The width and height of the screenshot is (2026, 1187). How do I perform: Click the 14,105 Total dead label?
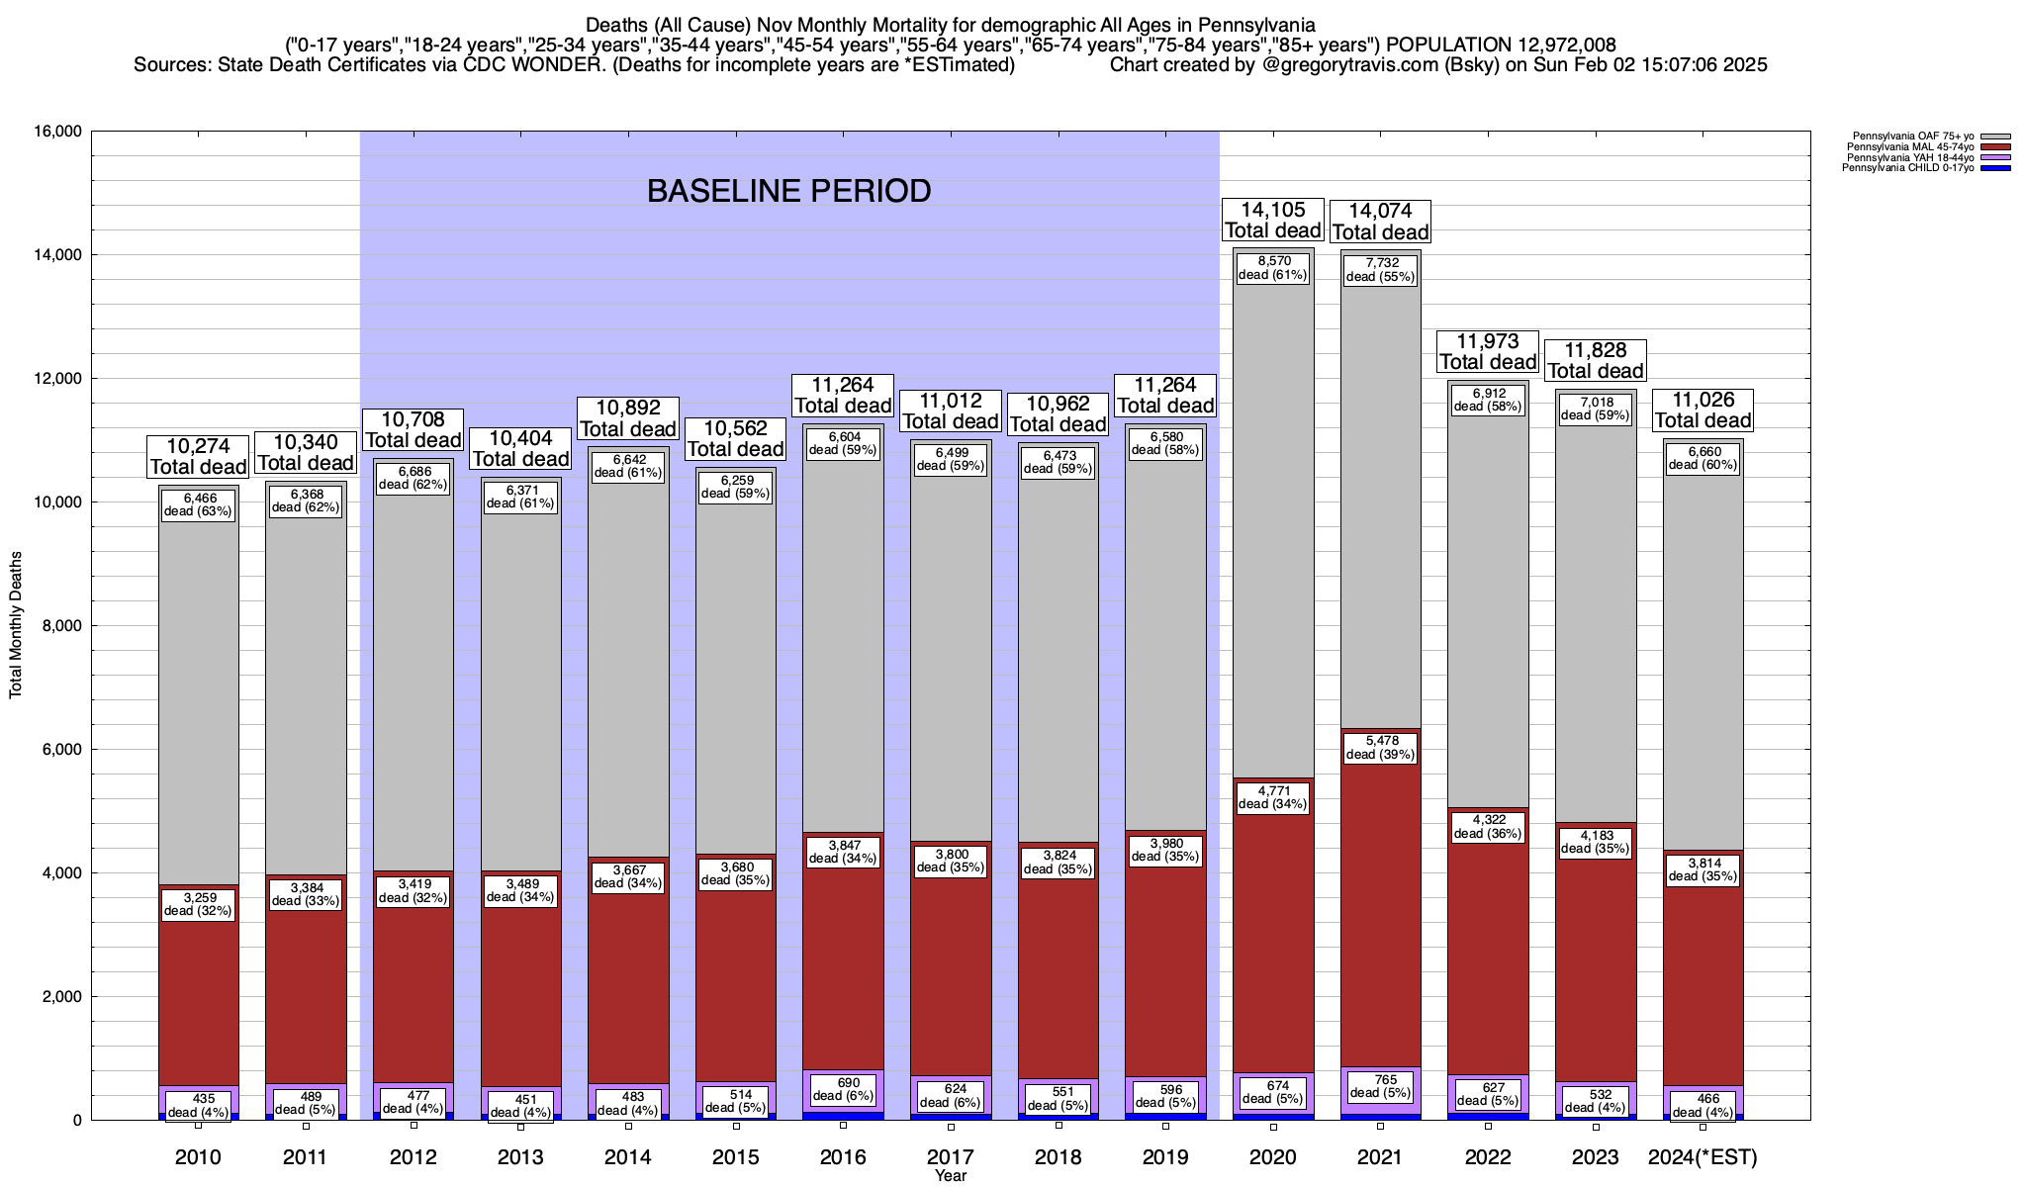tap(1272, 220)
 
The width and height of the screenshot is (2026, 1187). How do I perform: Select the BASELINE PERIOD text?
tap(788, 191)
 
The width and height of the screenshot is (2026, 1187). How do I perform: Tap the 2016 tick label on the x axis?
tap(843, 1157)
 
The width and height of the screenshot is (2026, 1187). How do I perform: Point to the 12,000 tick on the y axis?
tap(57, 379)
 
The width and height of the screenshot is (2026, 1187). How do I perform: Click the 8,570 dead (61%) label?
tap(1273, 268)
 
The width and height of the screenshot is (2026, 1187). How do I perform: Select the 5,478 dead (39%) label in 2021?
tap(1380, 747)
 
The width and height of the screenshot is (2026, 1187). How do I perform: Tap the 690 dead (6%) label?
tap(844, 1089)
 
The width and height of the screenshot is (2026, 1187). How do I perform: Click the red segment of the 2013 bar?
tap(521, 989)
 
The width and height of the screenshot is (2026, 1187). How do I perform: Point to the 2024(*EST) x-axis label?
tap(1703, 1157)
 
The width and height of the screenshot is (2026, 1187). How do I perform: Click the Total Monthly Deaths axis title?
tap(16, 625)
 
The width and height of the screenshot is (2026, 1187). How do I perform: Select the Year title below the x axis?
tap(951, 1176)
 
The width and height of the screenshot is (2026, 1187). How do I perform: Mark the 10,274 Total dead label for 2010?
tap(198, 456)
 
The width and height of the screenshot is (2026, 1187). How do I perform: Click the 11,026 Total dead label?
tap(1703, 410)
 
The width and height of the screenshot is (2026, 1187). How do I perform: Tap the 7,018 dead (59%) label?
tap(1596, 409)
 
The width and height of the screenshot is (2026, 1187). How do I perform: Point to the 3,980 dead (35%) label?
tap(1165, 850)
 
